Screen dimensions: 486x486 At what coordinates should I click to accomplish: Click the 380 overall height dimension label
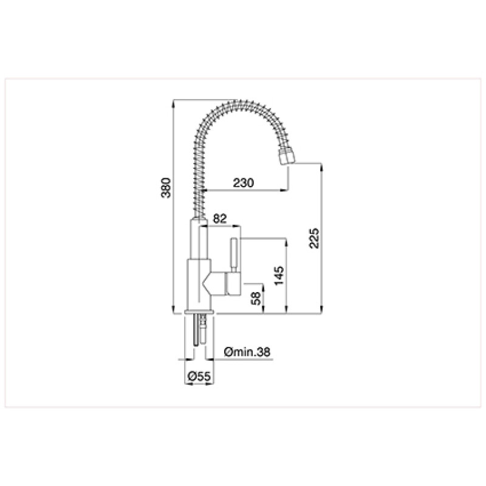[x=166, y=188]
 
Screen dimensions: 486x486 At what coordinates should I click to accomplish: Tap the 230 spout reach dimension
[x=244, y=183]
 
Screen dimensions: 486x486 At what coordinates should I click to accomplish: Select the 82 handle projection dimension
[x=220, y=219]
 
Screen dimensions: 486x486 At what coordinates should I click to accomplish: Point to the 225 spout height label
[x=313, y=238]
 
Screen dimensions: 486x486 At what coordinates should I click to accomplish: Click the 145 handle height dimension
[x=279, y=275]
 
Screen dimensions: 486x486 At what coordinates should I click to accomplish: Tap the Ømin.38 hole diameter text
[x=247, y=352]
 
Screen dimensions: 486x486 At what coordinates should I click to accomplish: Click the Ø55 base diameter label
[x=199, y=377]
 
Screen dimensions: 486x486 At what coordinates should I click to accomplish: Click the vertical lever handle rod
[x=234, y=256]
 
